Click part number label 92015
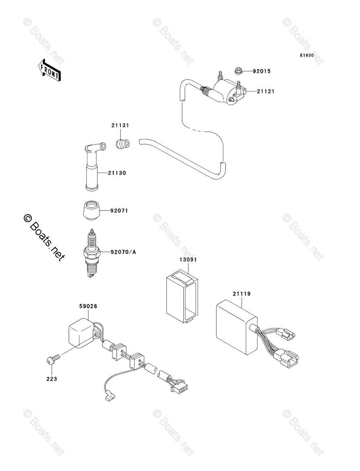[x=262, y=71]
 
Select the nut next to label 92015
[x=238, y=71]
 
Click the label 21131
[x=120, y=126]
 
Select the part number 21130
[x=117, y=173]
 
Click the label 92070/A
[x=124, y=252]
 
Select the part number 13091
[x=188, y=260]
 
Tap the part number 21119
[x=242, y=294]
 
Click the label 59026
[x=88, y=306]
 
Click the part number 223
[x=52, y=379]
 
